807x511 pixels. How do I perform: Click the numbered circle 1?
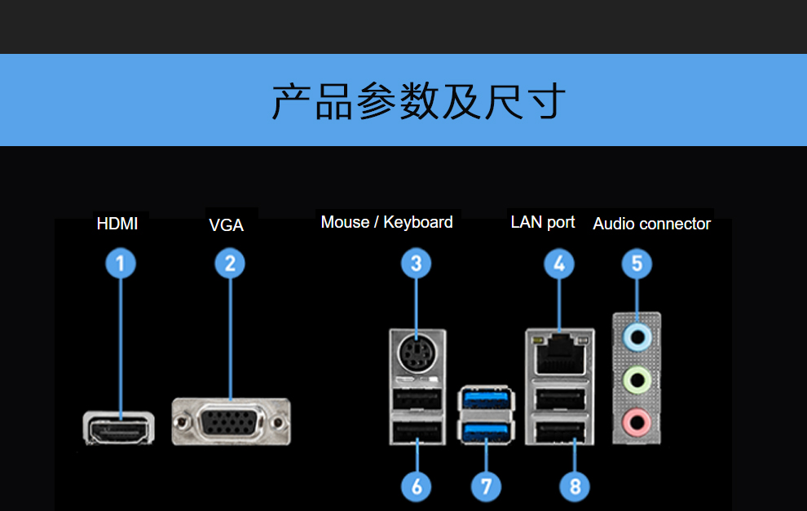click(x=121, y=264)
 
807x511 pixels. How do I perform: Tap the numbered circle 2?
click(x=230, y=264)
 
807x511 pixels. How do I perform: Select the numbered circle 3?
click(x=416, y=264)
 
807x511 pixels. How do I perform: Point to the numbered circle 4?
click(x=559, y=264)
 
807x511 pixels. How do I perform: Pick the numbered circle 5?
click(x=637, y=264)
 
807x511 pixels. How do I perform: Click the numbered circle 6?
click(x=417, y=487)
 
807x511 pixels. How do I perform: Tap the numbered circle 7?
click(x=486, y=487)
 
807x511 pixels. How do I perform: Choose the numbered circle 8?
click(x=575, y=487)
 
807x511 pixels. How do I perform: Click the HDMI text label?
click(x=117, y=224)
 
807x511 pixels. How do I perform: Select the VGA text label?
click(x=227, y=225)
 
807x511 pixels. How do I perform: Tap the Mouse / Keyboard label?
click(x=386, y=222)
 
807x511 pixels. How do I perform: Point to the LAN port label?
click(x=543, y=222)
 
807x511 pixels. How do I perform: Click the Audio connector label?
click(x=652, y=224)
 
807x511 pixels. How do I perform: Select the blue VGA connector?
click(x=232, y=422)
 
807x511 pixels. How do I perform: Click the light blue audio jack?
click(x=637, y=336)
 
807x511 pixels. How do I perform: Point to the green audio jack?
click(x=637, y=379)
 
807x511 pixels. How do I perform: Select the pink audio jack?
click(x=637, y=421)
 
